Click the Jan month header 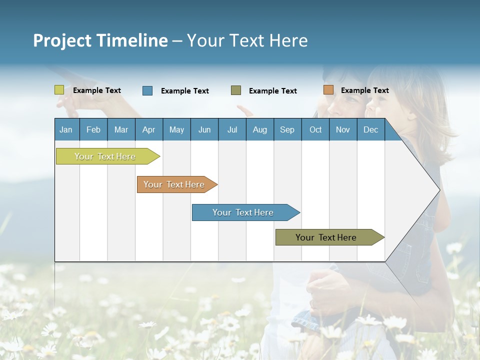[66, 130]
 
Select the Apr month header [149, 130]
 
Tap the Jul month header [232, 130]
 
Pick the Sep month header [287, 130]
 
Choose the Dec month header [370, 130]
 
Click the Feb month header [93, 130]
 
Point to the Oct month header [315, 130]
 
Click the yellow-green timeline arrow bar [108, 156]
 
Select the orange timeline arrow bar [177, 184]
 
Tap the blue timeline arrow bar [246, 212]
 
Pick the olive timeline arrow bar [330, 237]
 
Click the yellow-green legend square [59, 90]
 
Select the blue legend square [147, 90]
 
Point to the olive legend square [236, 90]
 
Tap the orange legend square [328, 89]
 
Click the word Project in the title [62, 41]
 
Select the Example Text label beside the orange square [365, 90]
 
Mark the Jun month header [204, 130]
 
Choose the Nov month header [343, 130]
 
